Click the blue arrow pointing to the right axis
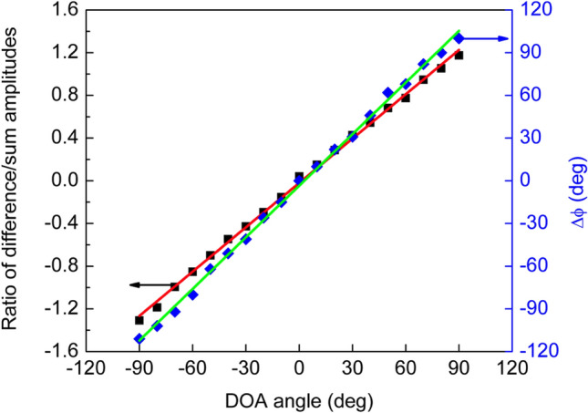coord(485,38)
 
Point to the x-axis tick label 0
coord(299,369)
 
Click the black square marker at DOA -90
coord(139,320)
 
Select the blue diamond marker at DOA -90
coord(139,339)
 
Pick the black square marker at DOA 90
coord(459,56)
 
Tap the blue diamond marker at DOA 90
coord(459,38)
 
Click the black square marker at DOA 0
coord(299,176)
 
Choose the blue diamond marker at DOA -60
coord(192,294)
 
